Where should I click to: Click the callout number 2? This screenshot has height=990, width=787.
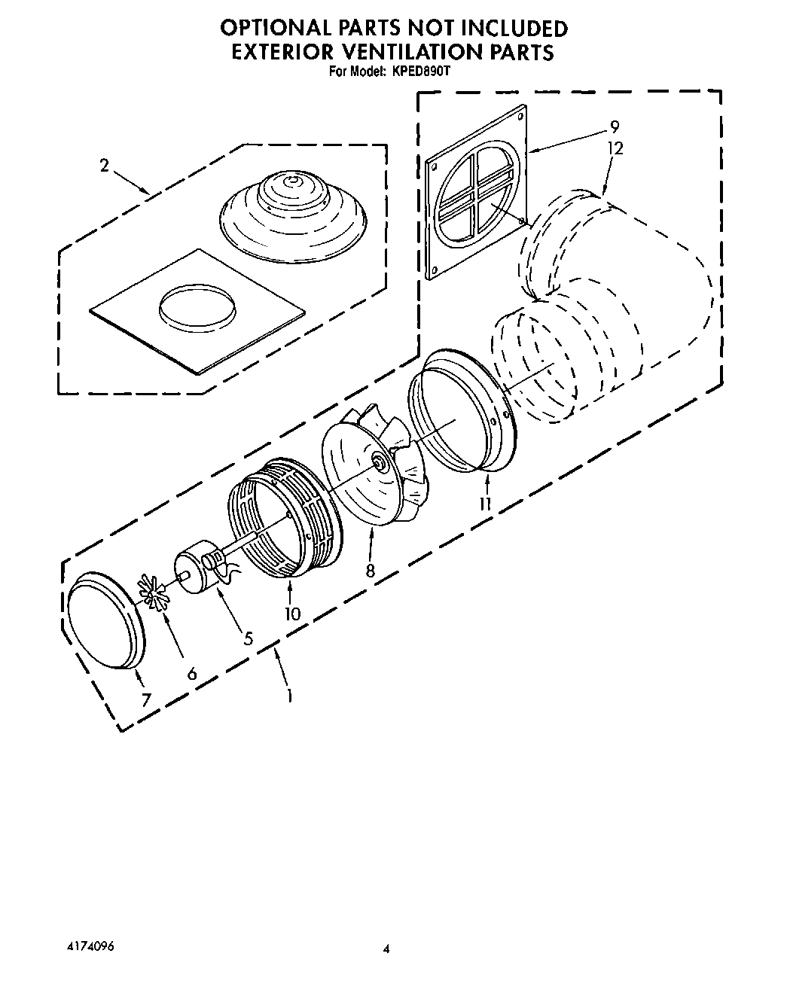pos(105,166)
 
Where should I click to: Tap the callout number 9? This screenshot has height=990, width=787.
pos(615,127)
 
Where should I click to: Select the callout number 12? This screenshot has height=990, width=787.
pos(615,148)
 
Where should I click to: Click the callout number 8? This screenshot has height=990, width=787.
pos(370,571)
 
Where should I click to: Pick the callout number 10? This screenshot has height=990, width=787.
pos(292,614)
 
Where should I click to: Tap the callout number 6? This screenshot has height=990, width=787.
pos(192,673)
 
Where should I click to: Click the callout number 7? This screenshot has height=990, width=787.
pos(145,700)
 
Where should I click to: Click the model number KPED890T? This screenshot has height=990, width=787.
pos(419,72)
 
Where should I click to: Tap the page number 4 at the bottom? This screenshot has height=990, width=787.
pos(387,950)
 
